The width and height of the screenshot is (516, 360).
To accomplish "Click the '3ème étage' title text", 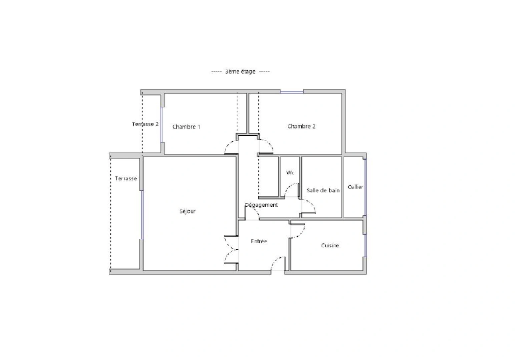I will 240,71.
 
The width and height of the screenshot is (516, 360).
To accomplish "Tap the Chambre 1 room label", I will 186,127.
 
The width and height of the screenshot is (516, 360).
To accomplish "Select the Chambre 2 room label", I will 301,126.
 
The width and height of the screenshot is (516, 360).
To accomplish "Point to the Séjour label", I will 187,211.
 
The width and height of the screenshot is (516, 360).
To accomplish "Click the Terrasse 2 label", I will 145,124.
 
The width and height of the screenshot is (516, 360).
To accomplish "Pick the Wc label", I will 290,173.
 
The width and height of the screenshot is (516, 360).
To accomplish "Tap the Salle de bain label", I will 323,190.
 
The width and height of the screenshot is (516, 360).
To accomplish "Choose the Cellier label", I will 355,187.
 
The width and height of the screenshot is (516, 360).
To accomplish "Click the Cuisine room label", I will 330,246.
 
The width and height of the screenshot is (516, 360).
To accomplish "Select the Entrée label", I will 259,241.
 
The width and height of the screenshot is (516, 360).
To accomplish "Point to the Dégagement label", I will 262,205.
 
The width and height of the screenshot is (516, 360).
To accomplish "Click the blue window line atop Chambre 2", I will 292,92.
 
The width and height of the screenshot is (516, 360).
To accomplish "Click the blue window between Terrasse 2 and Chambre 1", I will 162,124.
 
